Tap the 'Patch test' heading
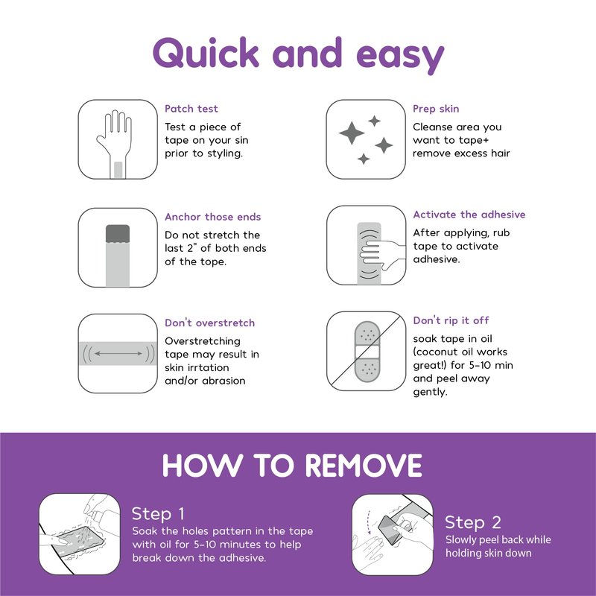click(191, 109)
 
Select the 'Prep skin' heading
click(436, 109)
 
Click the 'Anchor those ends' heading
click(213, 217)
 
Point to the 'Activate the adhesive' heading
click(469, 215)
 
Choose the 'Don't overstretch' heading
click(210, 323)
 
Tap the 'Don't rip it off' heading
click(451, 320)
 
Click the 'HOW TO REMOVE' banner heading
click(292, 465)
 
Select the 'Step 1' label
click(158, 514)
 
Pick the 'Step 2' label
click(473, 522)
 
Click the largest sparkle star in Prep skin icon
click(352, 133)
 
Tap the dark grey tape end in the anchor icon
click(118, 234)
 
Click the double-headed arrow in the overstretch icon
click(118, 353)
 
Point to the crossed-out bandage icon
click(367, 352)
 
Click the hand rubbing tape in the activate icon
click(382, 252)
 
